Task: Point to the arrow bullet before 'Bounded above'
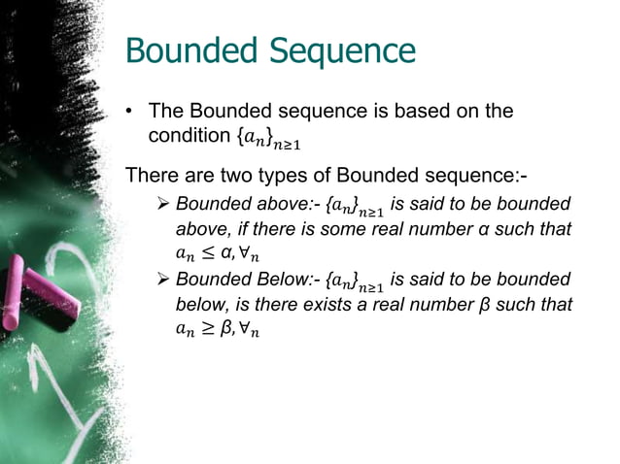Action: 162,205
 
